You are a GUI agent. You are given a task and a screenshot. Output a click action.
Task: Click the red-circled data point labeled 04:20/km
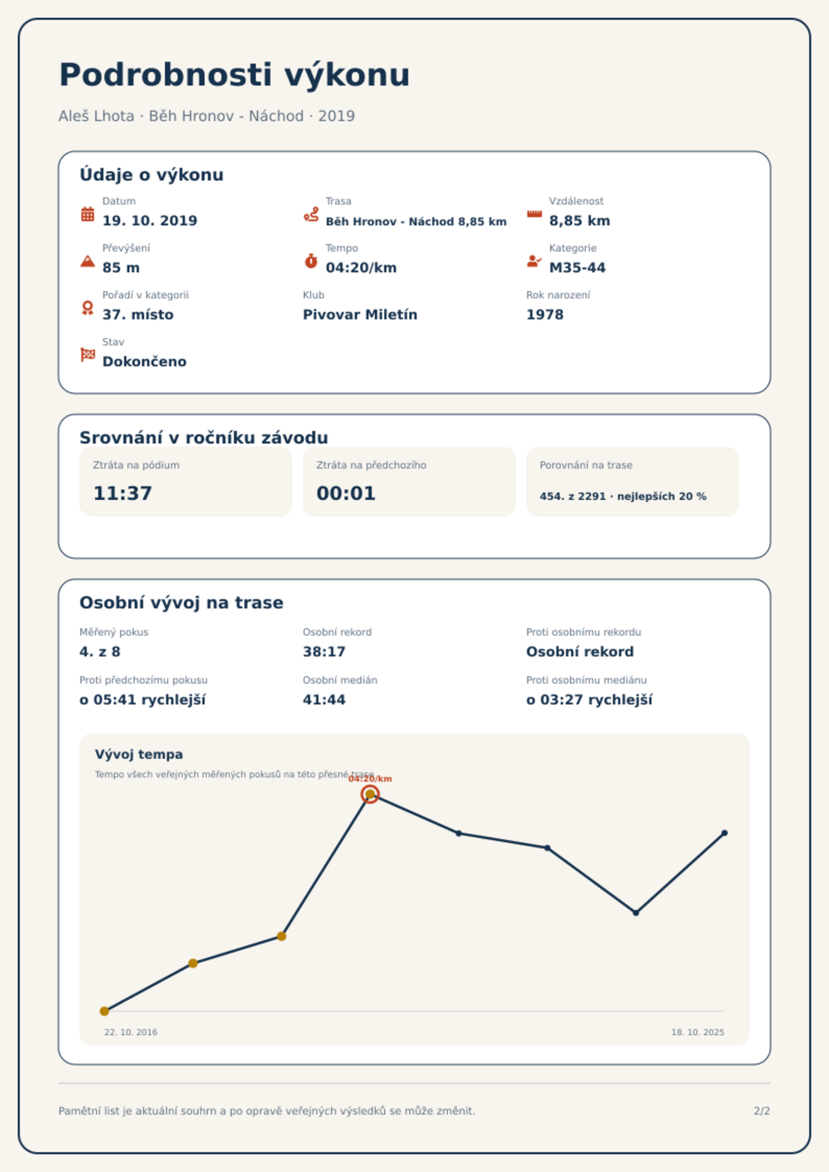coord(370,794)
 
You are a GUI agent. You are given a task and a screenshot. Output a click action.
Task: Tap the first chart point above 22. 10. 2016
coord(104,1011)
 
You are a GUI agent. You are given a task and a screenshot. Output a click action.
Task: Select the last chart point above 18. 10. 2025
coord(725,833)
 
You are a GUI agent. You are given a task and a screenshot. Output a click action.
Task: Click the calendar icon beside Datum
coord(88,214)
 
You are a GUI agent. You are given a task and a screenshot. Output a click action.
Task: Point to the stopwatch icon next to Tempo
coord(311,261)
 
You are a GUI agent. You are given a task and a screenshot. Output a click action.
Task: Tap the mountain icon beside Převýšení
coord(88,261)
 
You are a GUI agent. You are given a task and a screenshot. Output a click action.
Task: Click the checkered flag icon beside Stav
coord(88,355)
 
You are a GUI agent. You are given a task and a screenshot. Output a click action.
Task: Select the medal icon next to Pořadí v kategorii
coord(88,308)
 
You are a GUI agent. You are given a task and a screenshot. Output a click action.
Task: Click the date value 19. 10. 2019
coord(150,221)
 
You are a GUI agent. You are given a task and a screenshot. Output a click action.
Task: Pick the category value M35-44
coord(577,268)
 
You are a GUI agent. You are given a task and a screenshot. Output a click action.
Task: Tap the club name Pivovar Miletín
coord(360,315)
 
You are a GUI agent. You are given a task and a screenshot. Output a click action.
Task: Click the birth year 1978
coord(545,315)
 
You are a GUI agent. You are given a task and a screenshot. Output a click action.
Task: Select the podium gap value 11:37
coord(123,493)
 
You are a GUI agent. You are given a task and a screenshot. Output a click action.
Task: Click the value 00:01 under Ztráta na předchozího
coord(346,493)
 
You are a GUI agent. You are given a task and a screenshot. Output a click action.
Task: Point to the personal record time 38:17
coord(324,652)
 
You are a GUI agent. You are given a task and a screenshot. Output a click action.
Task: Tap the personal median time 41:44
coord(324,700)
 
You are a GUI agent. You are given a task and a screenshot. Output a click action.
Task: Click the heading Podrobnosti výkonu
coord(234,75)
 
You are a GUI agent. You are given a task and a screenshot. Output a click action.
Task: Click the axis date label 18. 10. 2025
coord(698,1032)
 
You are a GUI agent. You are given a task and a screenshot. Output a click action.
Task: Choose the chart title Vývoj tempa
coord(139,755)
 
